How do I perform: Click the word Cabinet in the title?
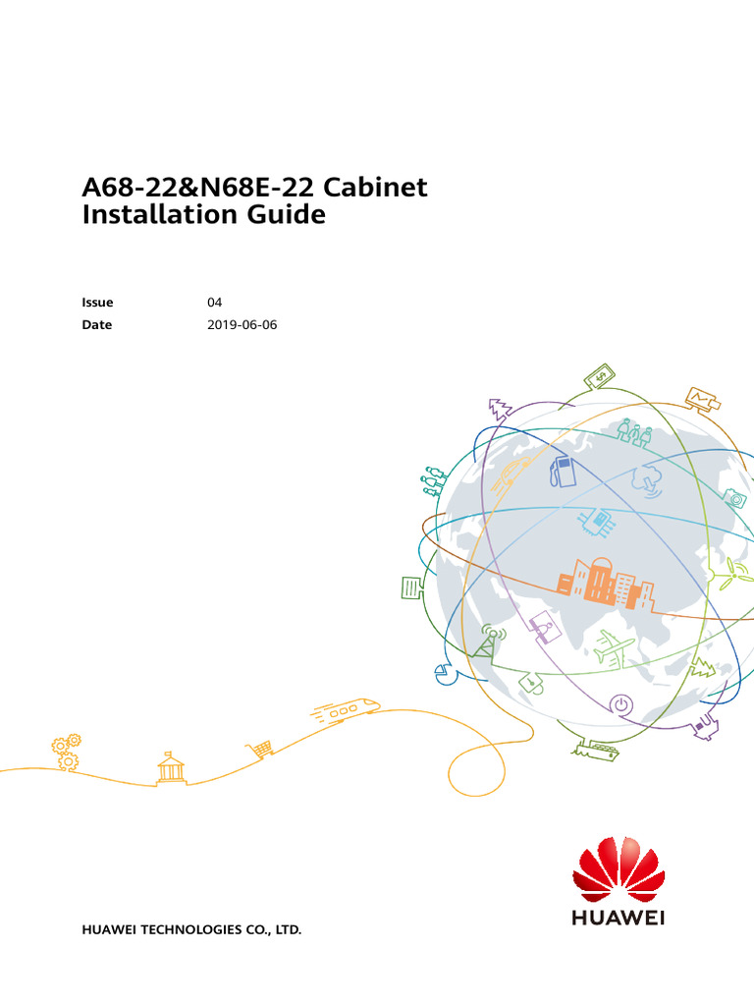[x=375, y=187]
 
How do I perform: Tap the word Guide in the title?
[x=287, y=213]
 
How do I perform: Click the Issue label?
[x=97, y=303]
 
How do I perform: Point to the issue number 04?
[x=214, y=303]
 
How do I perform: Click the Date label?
[x=97, y=324]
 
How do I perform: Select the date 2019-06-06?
[x=242, y=324]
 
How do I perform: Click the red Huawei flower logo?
[x=619, y=869]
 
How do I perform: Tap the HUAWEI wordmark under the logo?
[x=619, y=919]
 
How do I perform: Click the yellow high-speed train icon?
[x=346, y=711]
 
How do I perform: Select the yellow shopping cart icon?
[x=259, y=749]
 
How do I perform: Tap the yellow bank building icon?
[x=171, y=767]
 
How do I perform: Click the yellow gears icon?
[x=66, y=752]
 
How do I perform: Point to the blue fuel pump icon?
[x=563, y=472]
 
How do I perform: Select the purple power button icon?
[x=620, y=705]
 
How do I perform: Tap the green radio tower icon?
[x=488, y=641]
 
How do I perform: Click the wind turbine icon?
[x=727, y=573]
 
